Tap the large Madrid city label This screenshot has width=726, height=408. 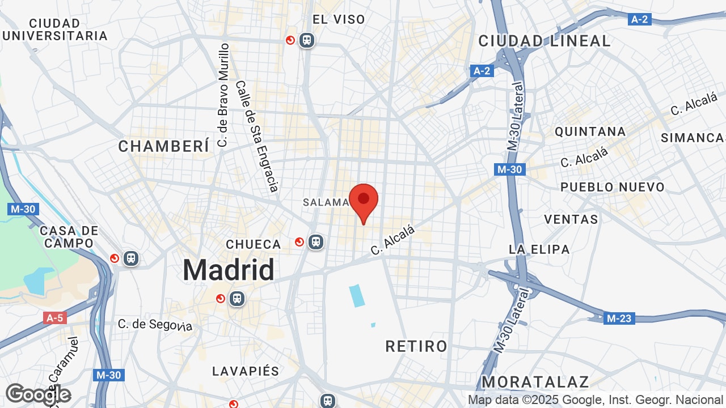pos(229,270)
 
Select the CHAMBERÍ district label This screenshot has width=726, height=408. pos(164,146)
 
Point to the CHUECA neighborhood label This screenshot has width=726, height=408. pos(254,244)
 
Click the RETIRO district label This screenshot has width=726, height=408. pos(416,346)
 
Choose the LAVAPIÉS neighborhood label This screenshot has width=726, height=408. pos(246,371)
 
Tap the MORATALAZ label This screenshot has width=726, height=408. pos(535,381)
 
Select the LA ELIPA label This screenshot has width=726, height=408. pos(539,249)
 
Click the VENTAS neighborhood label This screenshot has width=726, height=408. pos(571,219)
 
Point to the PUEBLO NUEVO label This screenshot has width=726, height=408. pos(612,187)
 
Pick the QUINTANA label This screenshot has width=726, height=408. pos(590,131)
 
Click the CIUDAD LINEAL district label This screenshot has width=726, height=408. pos(544,41)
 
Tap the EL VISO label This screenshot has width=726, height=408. pos(339,19)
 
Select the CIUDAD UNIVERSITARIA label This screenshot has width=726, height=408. pos(54,29)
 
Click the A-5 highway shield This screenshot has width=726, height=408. pos(54,318)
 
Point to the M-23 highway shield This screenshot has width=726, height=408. pos(618,318)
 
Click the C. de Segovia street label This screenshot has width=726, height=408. pos(155,325)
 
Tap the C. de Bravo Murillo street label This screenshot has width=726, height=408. pos(223,95)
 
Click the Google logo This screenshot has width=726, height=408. pos(38,394)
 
